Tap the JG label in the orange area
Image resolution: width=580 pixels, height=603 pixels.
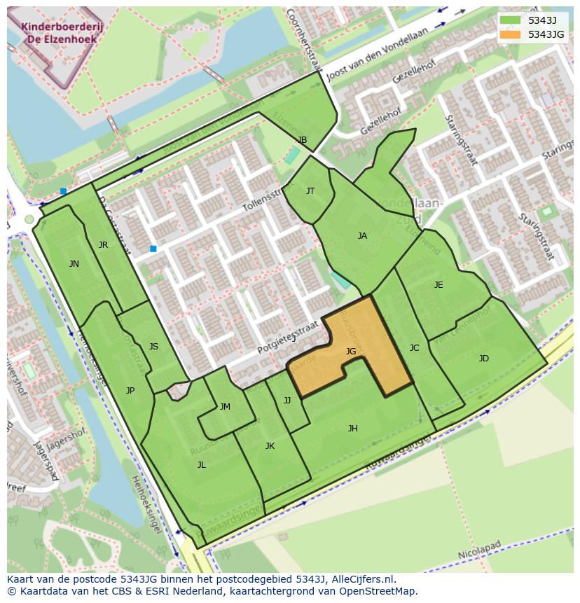[351, 352]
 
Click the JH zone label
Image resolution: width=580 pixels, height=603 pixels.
[352, 429]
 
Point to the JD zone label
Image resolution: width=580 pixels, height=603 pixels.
[483, 359]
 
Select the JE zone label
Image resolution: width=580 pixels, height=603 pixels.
[439, 285]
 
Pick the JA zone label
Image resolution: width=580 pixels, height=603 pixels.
[362, 236]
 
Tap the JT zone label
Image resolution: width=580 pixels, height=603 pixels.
[310, 191]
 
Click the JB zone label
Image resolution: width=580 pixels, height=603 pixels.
[303, 141]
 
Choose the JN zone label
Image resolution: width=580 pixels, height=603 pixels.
[74, 264]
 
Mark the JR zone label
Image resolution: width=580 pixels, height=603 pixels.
[103, 245]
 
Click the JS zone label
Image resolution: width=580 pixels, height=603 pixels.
[153, 347]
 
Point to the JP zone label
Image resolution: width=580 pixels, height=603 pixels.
[130, 391]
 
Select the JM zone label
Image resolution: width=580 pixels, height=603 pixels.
[225, 407]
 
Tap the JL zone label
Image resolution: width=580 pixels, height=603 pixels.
[201, 465]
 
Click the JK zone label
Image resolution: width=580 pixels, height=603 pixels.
[270, 446]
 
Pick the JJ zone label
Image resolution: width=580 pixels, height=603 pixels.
[286, 401]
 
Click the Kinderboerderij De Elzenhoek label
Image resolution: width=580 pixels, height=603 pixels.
[59, 33]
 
